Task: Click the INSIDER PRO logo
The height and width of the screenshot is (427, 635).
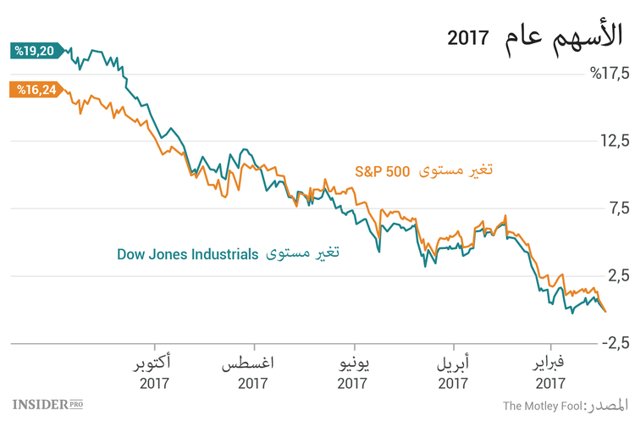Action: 52,405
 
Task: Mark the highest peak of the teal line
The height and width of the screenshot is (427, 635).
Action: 96,51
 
